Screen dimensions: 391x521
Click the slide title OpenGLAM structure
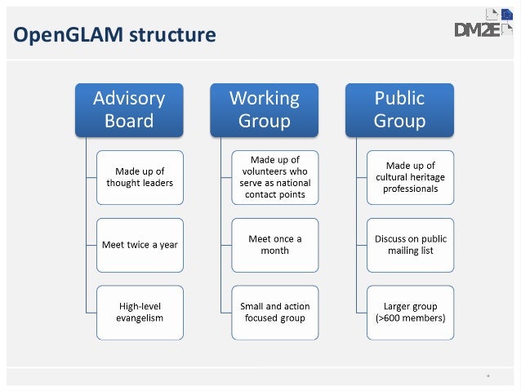pos(115,35)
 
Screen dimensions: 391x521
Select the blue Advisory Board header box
pos(129,109)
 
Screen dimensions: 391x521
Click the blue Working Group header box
pos(264,109)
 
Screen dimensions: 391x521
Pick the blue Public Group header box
pos(399,109)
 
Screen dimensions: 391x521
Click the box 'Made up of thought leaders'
pos(140,177)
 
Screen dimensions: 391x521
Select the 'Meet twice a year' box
pos(140,244)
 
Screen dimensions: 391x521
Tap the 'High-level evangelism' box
pos(140,311)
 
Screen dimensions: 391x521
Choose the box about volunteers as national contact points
pos(274,177)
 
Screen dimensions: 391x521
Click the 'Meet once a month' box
pos(274,244)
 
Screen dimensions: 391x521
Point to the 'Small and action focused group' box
pos(274,311)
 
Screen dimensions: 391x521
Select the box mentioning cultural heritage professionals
pos(410,177)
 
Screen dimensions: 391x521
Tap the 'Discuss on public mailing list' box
pos(410,244)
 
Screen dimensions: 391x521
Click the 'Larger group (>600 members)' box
pos(410,311)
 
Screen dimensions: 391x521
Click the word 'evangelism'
pos(140,318)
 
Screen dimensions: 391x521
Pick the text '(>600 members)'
pos(411,318)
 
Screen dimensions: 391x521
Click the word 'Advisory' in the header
pos(129,98)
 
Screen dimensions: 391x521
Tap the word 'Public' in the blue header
pos(399,98)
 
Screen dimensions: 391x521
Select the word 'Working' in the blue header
pos(264,98)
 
